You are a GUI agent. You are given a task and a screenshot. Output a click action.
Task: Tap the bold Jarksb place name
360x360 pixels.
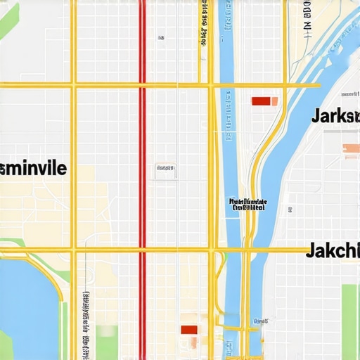click(x=335, y=116)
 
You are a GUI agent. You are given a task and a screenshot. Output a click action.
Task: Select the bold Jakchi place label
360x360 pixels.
click(x=332, y=250)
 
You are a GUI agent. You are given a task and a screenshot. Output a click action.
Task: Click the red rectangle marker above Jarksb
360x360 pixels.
click(x=261, y=101)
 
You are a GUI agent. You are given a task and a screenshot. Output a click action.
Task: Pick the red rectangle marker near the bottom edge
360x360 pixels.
click(x=189, y=330)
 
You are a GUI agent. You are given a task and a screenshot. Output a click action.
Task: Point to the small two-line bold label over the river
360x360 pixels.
click(x=248, y=205)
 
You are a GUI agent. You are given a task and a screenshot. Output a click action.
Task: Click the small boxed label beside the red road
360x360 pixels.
click(x=165, y=169)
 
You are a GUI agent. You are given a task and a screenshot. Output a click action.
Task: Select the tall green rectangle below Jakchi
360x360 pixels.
click(x=349, y=320)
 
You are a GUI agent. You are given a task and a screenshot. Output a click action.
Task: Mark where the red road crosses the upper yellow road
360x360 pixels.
click(x=142, y=85)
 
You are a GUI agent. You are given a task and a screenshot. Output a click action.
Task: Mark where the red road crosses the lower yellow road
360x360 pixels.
click(x=142, y=250)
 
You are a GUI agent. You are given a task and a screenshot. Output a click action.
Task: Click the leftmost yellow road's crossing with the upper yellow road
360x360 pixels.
click(x=72, y=85)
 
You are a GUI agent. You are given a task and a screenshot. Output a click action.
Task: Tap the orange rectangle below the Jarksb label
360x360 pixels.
click(x=350, y=148)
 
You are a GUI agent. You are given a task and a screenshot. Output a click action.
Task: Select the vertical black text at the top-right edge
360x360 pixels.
click(x=307, y=18)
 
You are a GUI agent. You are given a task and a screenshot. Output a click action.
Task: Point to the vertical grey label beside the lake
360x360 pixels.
click(x=86, y=323)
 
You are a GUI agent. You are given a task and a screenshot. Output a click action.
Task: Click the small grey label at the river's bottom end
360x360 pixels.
click(x=259, y=321)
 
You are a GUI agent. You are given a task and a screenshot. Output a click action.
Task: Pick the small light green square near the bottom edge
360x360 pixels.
click(x=108, y=331)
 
